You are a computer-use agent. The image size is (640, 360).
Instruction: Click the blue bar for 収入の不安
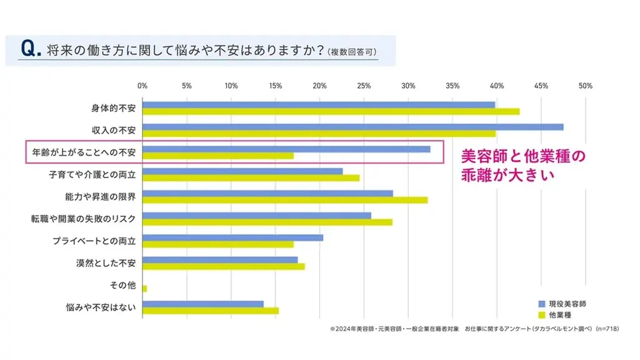click(x=352, y=127)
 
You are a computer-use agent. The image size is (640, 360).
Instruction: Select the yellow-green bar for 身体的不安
click(x=331, y=111)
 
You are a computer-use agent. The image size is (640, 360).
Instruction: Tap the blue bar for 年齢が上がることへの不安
click(x=286, y=149)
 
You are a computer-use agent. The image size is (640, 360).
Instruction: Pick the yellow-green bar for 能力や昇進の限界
click(x=285, y=200)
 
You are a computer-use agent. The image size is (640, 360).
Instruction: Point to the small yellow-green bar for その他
click(x=144, y=289)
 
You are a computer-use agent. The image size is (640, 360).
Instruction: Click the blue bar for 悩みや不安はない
click(x=203, y=304)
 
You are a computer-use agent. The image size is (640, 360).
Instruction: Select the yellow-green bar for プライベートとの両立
click(x=218, y=244)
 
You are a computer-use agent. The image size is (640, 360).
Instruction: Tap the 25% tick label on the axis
click(x=364, y=86)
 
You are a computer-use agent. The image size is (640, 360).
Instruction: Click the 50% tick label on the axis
click(x=586, y=86)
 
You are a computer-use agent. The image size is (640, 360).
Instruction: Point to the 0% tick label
click(x=142, y=86)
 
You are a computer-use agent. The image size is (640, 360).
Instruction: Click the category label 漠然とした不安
click(x=105, y=262)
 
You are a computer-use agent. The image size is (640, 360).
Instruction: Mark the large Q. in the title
click(x=31, y=50)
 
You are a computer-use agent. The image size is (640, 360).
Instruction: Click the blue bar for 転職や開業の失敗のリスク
click(x=257, y=216)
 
